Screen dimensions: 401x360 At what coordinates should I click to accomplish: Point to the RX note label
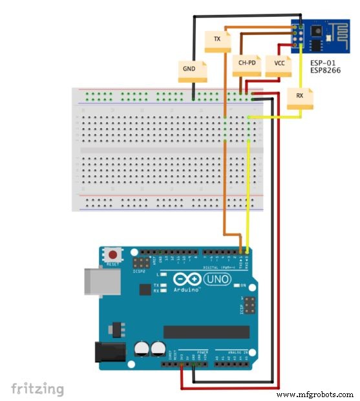click(299, 97)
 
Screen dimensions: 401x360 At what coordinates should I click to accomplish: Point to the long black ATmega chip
click(205, 331)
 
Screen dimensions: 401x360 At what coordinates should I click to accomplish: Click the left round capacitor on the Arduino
click(141, 348)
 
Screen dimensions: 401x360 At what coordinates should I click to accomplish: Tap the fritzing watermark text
click(37, 388)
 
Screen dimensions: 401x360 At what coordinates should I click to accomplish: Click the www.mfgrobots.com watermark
click(315, 394)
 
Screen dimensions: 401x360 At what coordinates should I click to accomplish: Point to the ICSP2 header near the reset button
click(140, 264)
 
